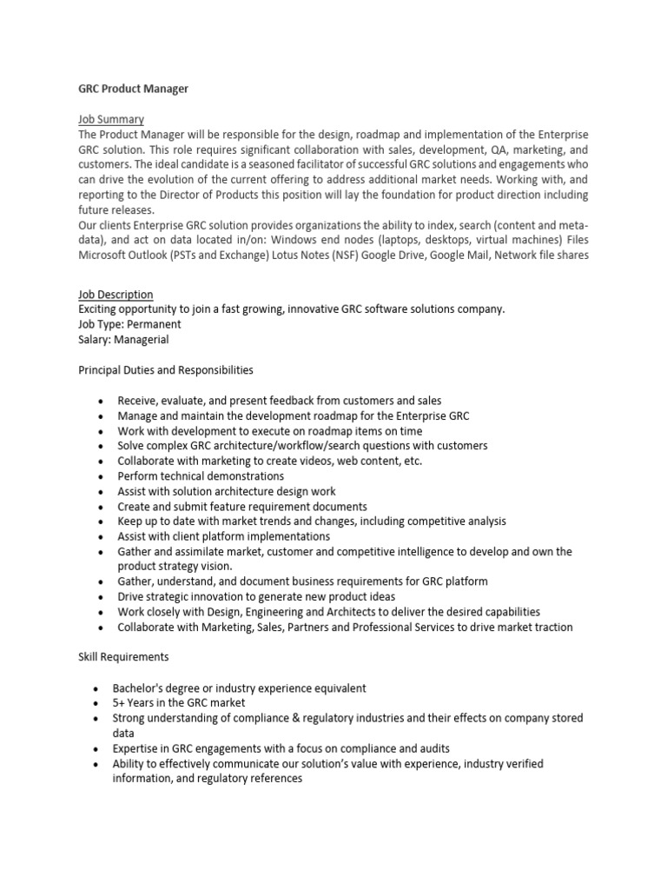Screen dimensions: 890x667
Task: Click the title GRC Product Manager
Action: coord(133,89)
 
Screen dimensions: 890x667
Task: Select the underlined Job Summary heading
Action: coord(111,119)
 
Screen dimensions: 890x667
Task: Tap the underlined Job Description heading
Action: coord(116,295)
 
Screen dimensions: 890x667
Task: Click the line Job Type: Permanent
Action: coord(129,324)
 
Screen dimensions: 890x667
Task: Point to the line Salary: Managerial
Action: coord(123,340)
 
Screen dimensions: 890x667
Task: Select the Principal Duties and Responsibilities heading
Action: coord(166,370)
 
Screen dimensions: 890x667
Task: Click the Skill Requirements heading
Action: coord(122,657)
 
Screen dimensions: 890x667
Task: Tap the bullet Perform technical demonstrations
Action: coord(201,476)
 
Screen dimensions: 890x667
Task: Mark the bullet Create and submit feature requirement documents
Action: coord(242,506)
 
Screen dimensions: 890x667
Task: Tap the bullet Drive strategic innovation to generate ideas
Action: coord(256,597)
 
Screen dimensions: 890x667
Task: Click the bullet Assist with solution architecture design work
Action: coord(227,491)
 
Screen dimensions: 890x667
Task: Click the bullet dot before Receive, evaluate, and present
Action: coord(102,401)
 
